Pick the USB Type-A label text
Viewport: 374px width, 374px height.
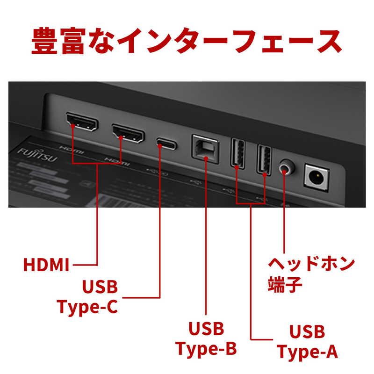point(307,341)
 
